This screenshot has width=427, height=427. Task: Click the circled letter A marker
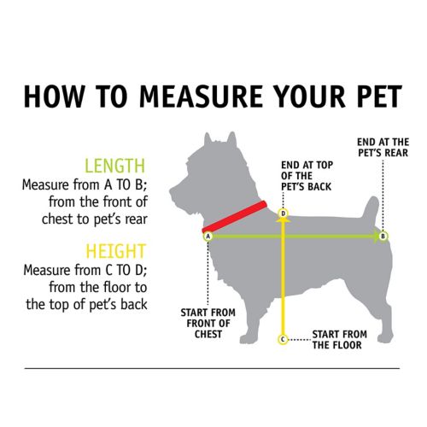208,237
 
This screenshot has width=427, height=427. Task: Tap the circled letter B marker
383,236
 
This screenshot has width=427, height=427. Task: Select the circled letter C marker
283,339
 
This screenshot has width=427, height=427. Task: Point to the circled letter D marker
284,213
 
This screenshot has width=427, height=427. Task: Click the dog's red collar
235,217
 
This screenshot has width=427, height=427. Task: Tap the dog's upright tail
371,211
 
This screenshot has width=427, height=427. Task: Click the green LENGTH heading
115,166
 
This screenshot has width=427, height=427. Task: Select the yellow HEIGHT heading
116,251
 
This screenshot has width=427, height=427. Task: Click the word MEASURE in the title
201,96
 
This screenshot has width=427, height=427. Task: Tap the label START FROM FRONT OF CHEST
208,324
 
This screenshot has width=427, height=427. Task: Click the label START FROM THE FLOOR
339,340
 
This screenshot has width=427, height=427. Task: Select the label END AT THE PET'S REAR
383,148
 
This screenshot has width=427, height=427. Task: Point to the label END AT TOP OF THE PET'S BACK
307,176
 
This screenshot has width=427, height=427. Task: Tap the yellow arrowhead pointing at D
284,219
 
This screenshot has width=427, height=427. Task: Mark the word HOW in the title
55,96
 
